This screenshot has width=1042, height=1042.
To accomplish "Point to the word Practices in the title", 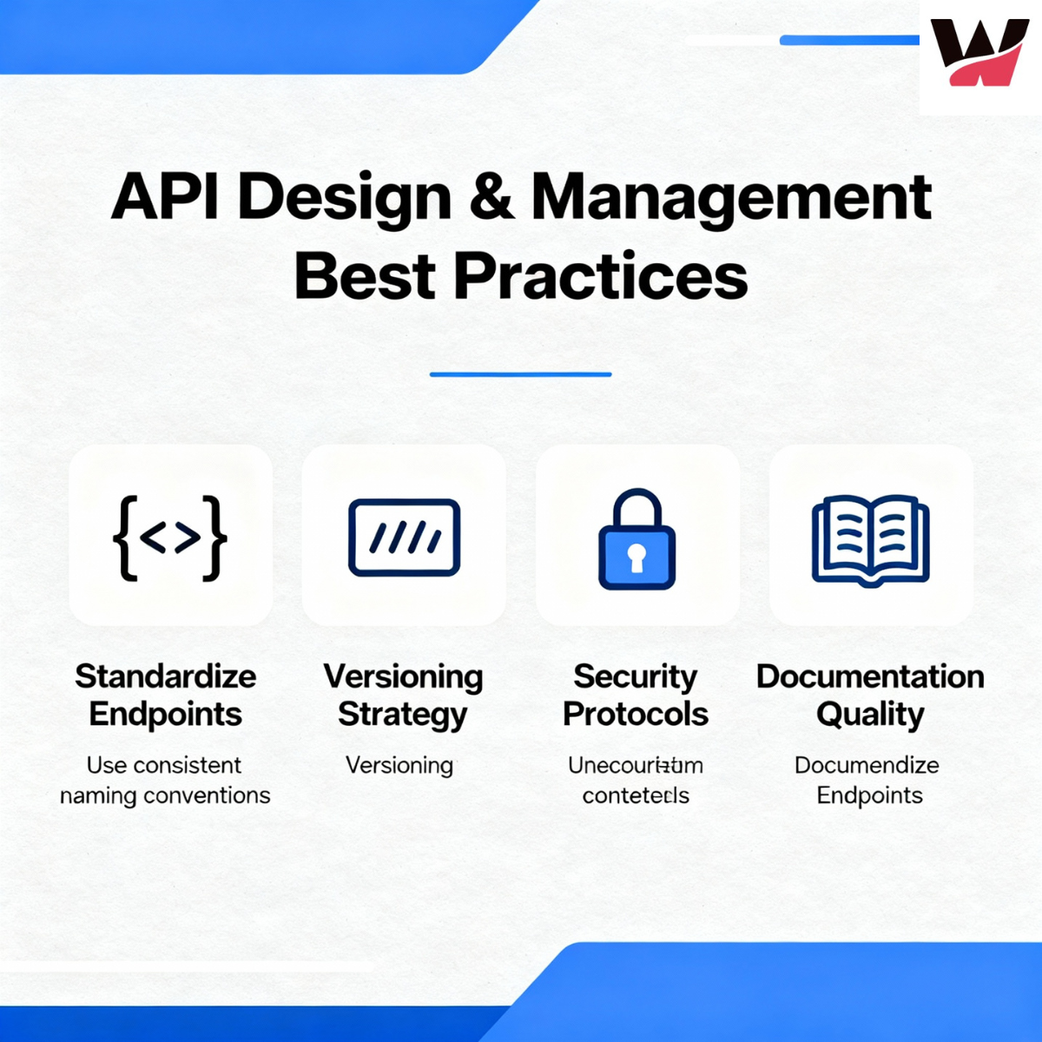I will [600, 276].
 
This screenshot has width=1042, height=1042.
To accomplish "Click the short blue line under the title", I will [521, 374].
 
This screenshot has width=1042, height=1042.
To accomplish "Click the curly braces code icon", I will [170, 537].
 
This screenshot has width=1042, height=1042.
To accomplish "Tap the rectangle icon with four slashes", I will [404, 537].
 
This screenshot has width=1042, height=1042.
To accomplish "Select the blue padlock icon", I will [636, 540].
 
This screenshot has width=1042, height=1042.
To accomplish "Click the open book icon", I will [870, 539].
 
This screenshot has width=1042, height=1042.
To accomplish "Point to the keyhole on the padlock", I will [636, 558].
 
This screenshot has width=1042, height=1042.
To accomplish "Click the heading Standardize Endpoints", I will [166, 695].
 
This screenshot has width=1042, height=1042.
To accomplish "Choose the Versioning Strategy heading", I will [403, 695].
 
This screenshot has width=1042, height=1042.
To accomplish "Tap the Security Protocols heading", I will [636, 695].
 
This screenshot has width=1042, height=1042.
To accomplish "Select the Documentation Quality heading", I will [870, 695].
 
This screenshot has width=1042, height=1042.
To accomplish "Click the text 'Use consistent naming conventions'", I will [165, 780].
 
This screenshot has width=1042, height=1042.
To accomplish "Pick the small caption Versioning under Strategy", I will [399, 765].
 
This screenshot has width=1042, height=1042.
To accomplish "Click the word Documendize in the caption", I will [867, 765].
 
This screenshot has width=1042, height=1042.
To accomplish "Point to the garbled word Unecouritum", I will [636, 765].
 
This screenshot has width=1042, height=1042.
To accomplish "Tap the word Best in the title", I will [365, 276].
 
